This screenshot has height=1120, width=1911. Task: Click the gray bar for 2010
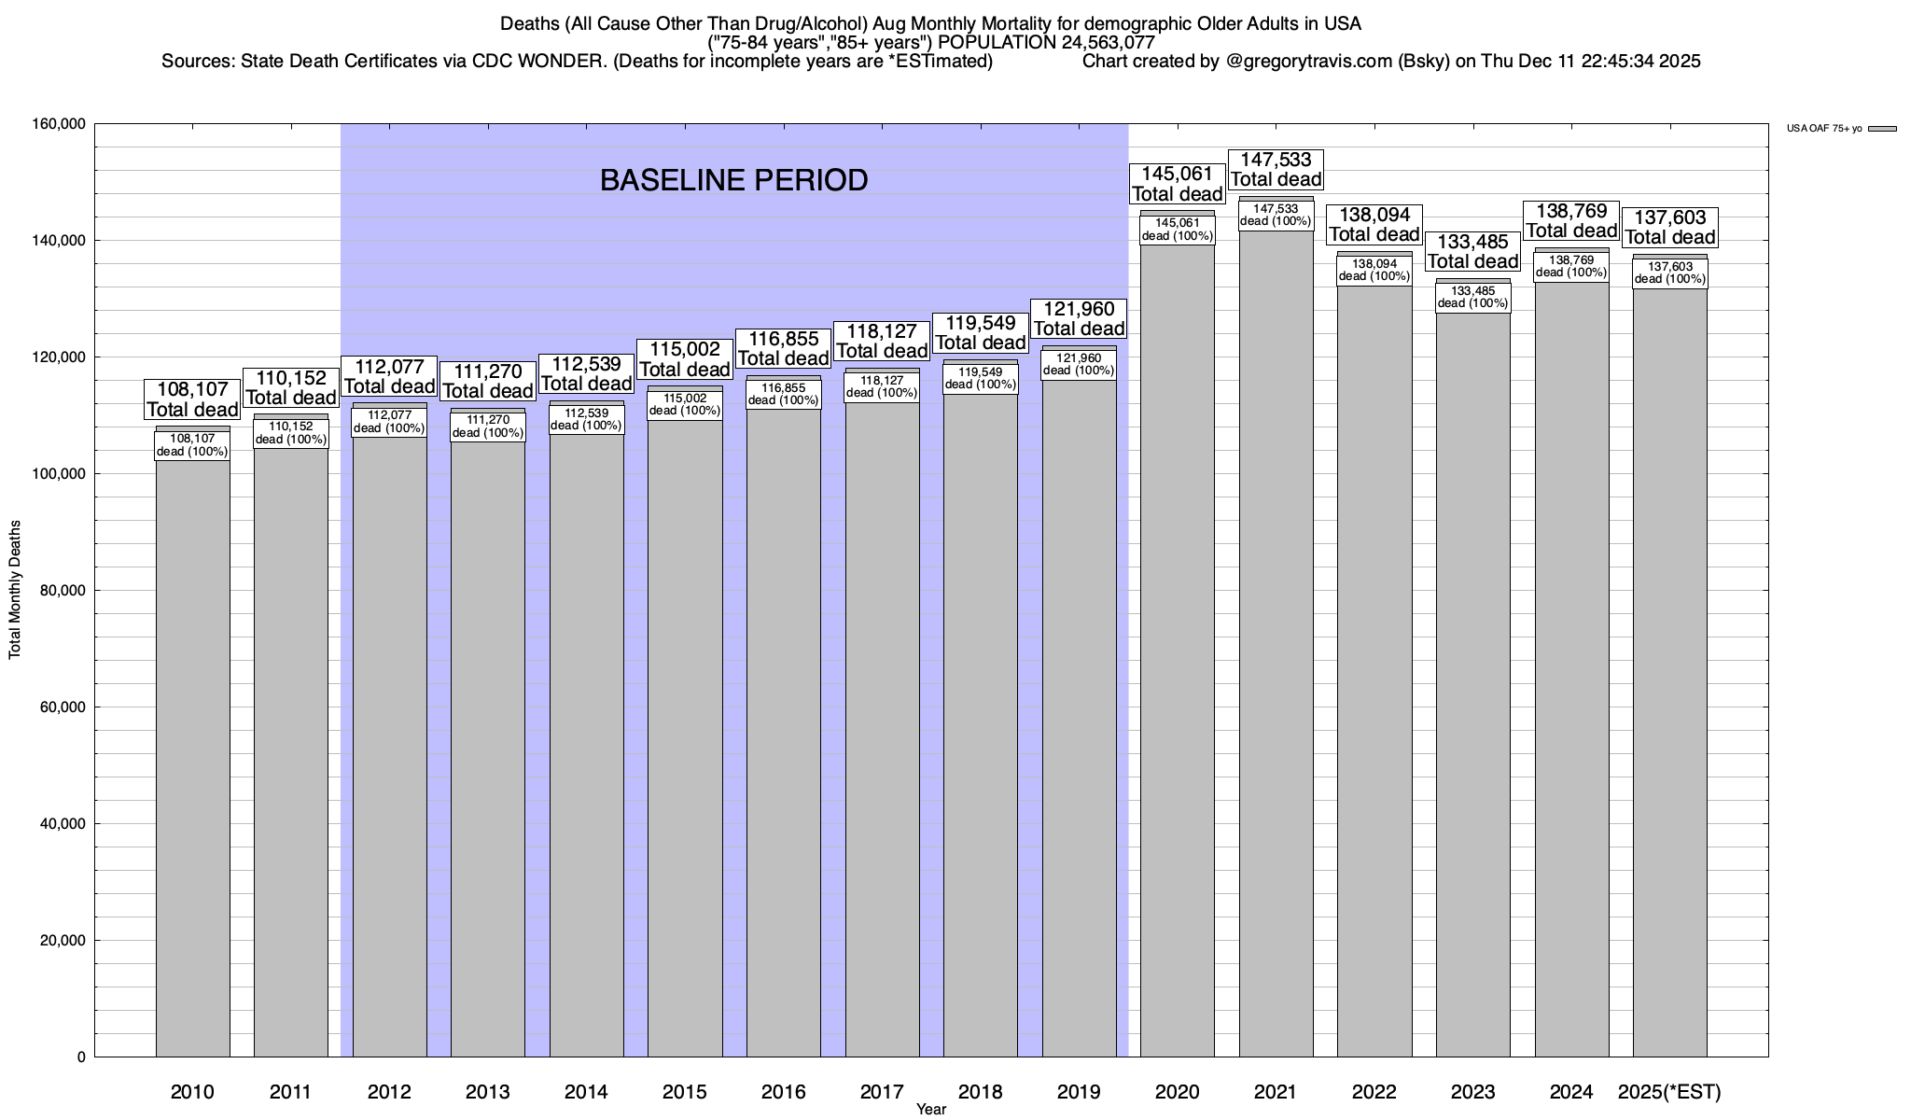[192, 747]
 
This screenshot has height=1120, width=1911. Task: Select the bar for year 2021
[1276, 653]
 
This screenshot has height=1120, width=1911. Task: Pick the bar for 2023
[1472, 691]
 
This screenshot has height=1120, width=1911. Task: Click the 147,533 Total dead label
[1276, 169]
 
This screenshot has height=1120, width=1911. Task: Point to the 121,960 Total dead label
[1079, 318]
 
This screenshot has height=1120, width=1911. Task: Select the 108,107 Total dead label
[192, 399]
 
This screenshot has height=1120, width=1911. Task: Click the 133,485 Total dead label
[1472, 252]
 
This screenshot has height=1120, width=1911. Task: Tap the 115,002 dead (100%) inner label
[685, 404]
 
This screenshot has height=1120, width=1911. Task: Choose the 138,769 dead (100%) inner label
[1571, 266]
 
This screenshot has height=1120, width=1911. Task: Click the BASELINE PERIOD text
[733, 180]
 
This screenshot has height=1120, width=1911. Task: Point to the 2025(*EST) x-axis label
[1669, 1091]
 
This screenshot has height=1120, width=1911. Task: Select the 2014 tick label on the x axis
[586, 1091]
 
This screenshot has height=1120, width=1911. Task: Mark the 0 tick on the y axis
[81, 1057]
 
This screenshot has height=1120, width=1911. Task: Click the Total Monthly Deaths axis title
[15, 590]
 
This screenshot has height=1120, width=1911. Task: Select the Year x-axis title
[930, 1110]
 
